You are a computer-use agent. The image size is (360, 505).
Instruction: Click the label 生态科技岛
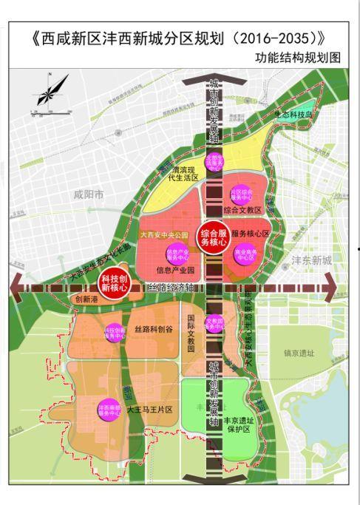(295, 115)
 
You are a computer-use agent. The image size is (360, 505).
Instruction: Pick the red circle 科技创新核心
(115, 285)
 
